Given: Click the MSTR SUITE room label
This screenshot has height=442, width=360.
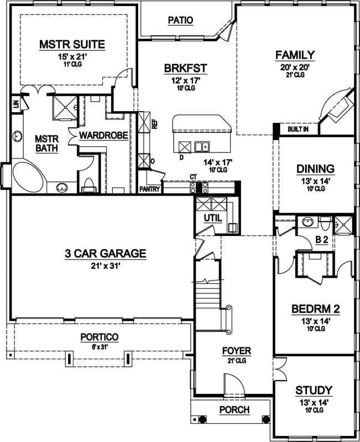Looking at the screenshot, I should tap(72, 44).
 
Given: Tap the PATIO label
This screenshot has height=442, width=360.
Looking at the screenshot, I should tap(180, 20).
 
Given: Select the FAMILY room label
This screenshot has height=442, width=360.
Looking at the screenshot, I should tap(295, 55).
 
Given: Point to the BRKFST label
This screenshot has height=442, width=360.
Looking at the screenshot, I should tap(185, 69).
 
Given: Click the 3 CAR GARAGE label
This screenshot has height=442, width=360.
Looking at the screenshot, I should tap(105, 254).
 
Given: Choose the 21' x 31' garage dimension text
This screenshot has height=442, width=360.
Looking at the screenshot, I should tap(105, 265).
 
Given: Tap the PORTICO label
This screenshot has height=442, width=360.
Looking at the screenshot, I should tap(99, 337).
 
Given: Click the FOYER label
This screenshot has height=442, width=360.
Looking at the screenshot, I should tap(237, 351).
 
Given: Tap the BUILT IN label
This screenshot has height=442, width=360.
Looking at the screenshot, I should tap(298, 130).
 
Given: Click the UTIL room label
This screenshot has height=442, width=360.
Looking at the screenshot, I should tap(212, 218).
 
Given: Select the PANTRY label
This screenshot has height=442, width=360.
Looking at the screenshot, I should tap(150, 190).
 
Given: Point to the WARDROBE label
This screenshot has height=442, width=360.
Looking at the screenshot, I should tap(104, 135).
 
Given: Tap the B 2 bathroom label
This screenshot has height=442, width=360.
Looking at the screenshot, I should tap(322, 240).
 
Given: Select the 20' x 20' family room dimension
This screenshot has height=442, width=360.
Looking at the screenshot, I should tap(295, 67).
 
